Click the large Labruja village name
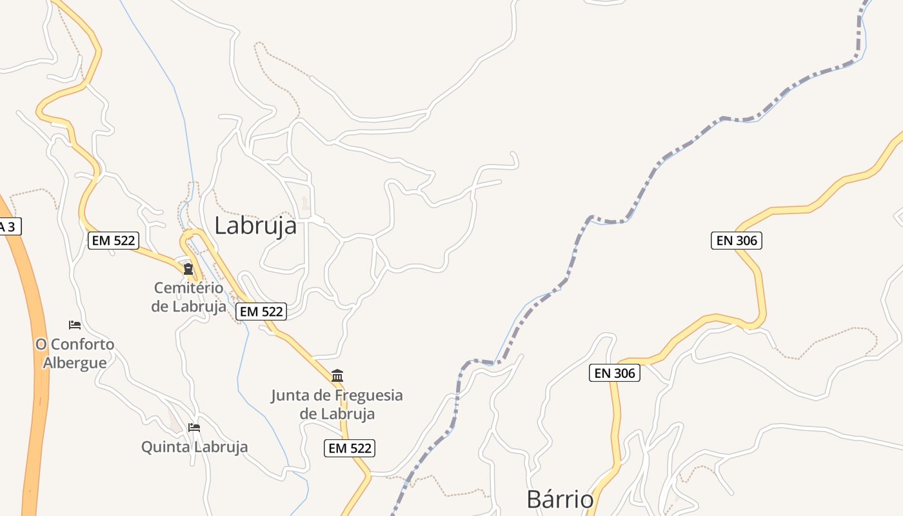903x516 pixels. [255, 226]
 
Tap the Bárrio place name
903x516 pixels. [560, 499]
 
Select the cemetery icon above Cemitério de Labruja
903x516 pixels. [188, 268]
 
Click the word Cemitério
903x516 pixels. [188, 288]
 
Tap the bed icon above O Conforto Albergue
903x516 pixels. [75, 324]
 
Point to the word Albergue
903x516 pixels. [75, 362]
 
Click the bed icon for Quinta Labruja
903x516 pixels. [194, 427]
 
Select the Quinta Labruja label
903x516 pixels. [194, 446]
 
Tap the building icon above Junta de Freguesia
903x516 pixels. [337, 375]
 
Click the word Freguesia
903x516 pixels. [364, 395]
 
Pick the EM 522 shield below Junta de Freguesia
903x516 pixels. [350, 448]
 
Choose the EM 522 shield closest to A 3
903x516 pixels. [114, 241]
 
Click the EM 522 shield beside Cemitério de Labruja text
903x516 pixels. [261, 312]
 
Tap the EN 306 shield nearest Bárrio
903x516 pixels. [615, 373]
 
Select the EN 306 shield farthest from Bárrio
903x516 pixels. [737, 241]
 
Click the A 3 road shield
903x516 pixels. [9, 226]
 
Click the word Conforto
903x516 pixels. [83, 344]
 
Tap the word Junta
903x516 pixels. [290, 395]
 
